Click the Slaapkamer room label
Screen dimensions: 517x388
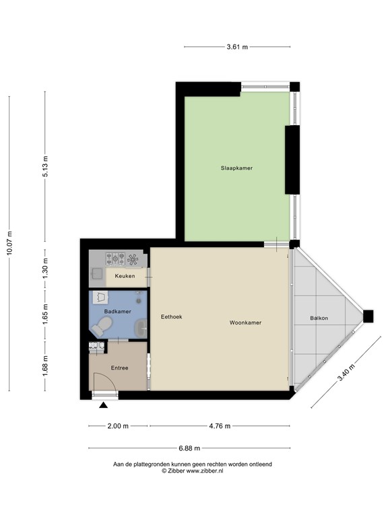pyautogui.click(x=236, y=168)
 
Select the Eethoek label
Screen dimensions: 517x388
pyautogui.click(x=172, y=316)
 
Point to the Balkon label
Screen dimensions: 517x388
pyautogui.click(x=319, y=318)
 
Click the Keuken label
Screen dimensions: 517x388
pyautogui.click(x=125, y=276)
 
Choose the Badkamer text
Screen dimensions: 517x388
pyautogui.click(x=117, y=311)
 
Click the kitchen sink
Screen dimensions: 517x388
pyautogui.click(x=97, y=273)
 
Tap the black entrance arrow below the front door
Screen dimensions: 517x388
pyautogui.click(x=103, y=405)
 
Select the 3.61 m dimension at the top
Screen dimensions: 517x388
pyautogui.click(x=237, y=47)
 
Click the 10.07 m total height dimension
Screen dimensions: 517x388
pyautogui.click(x=9, y=243)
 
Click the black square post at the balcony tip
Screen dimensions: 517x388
pyautogui.click(x=368, y=316)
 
